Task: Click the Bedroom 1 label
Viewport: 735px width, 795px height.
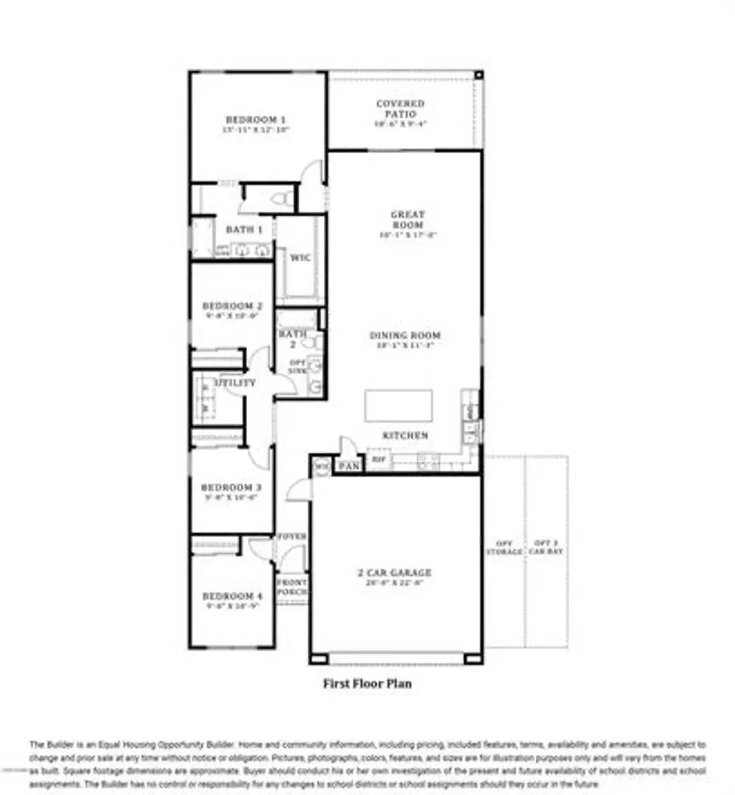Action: [x=255, y=119]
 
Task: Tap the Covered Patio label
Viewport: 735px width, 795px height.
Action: [x=400, y=109]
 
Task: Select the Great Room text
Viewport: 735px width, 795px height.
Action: [x=407, y=219]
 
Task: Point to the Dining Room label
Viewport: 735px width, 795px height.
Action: [x=405, y=336]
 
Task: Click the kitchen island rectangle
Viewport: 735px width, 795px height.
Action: [x=399, y=406]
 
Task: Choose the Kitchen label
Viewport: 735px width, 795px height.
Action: [x=405, y=436]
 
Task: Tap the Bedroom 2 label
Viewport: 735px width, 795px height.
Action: [x=232, y=306]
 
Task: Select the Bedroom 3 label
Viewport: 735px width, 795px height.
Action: [x=232, y=487]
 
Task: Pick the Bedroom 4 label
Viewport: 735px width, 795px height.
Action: [x=232, y=596]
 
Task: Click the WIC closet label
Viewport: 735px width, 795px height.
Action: [x=299, y=258]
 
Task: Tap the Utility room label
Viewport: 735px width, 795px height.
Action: [x=235, y=384]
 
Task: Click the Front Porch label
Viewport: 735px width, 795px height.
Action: [x=291, y=587]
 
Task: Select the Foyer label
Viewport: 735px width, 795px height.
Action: [x=291, y=537]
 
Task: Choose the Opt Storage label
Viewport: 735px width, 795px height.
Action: [x=504, y=547]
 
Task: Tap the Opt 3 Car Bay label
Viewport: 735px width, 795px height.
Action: [x=545, y=547]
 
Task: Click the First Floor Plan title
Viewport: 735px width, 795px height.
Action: [x=367, y=684]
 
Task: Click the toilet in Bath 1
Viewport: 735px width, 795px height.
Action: [x=280, y=198]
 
